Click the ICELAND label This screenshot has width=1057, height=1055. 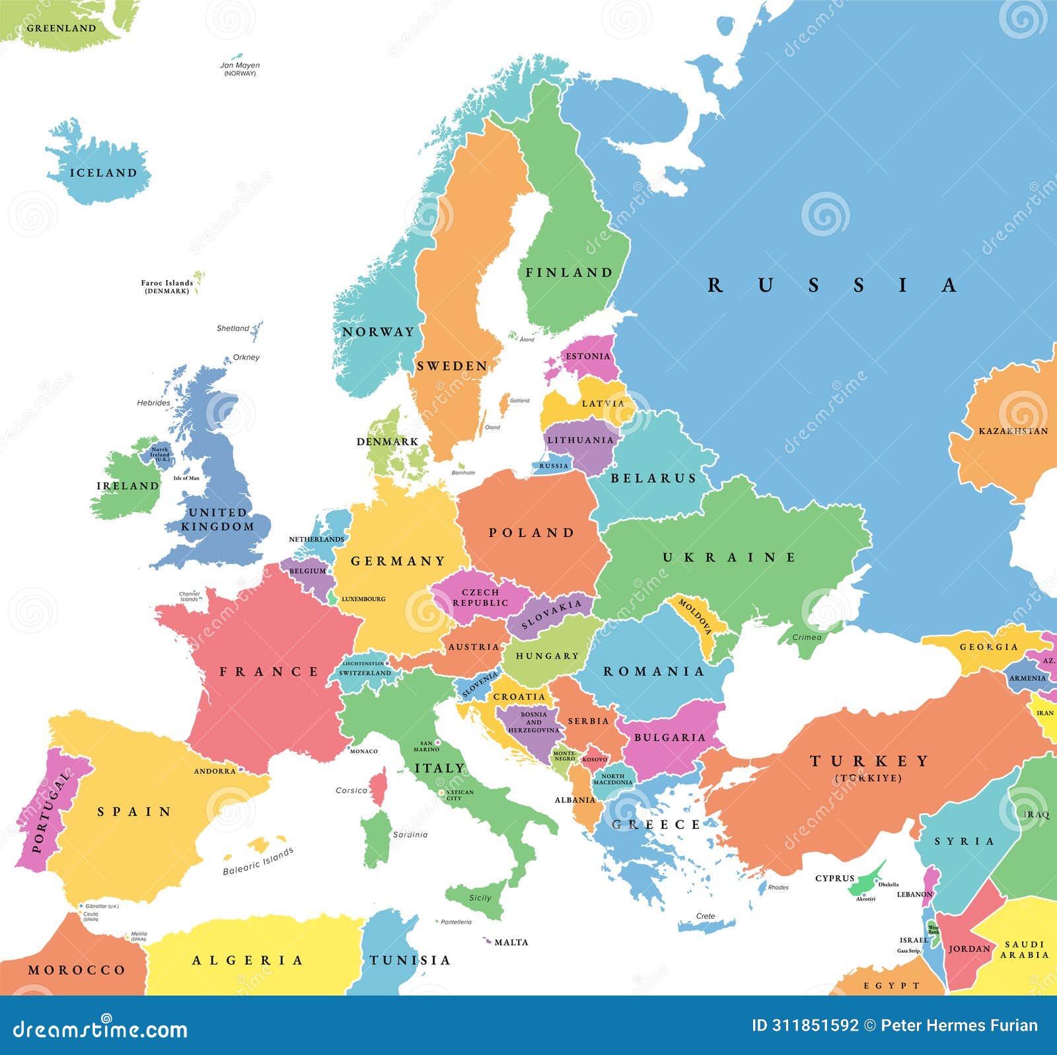pos(103,173)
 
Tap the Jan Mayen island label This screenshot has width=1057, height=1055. pos(240,65)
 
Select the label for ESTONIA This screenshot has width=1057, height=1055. pos(587,356)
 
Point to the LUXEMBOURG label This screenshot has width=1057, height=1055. pos(363,599)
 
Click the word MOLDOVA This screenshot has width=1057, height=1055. pos(694,616)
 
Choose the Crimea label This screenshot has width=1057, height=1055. pos(807,637)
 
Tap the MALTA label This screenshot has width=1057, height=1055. pos(511,942)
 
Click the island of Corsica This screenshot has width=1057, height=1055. pos(379,786)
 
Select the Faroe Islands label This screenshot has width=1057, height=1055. pos(166,283)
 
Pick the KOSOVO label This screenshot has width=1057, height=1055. pos(595,760)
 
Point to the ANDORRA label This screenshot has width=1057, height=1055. pos(215,771)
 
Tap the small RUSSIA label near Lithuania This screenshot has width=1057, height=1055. pos(554,466)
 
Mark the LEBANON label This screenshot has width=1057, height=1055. pos(914,894)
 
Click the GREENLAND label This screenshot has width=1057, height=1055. pos(61,28)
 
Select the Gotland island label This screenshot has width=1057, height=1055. pos(520,400)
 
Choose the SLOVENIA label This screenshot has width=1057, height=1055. pos(480,684)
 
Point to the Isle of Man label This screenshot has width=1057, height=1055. pos(186,478)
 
